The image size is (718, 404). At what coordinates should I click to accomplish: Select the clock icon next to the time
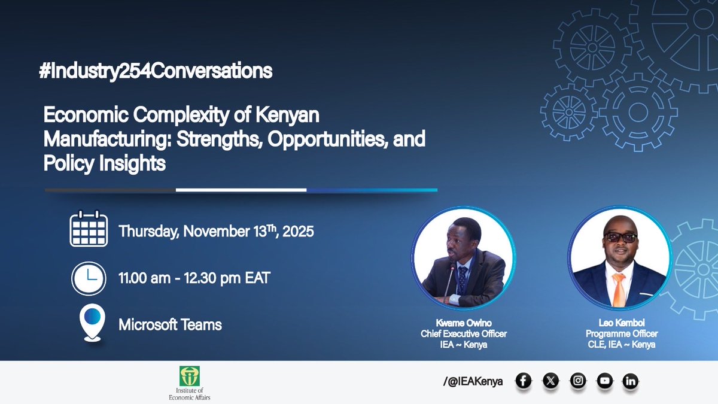(88, 278)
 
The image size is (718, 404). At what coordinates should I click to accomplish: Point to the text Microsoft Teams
(170, 325)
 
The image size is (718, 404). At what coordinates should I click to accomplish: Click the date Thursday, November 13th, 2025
(216, 231)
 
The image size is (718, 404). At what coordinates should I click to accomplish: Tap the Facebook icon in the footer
(524, 381)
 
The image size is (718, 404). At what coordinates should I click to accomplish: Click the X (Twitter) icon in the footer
(550, 381)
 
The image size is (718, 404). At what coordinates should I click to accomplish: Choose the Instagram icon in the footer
(577, 381)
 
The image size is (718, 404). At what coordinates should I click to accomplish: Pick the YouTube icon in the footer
(604, 381)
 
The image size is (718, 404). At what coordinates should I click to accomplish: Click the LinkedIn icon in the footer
(630, 381)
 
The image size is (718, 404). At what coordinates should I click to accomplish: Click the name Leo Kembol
(619, 323)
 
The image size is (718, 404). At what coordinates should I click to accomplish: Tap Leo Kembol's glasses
(619, 238)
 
